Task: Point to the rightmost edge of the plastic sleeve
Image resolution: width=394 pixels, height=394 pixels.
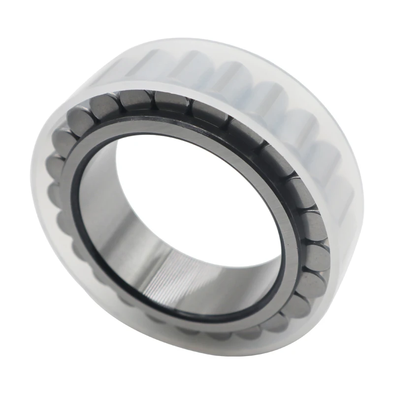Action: pos(363,192)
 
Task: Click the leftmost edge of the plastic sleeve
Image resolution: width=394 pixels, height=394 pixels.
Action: pos(31,163)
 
